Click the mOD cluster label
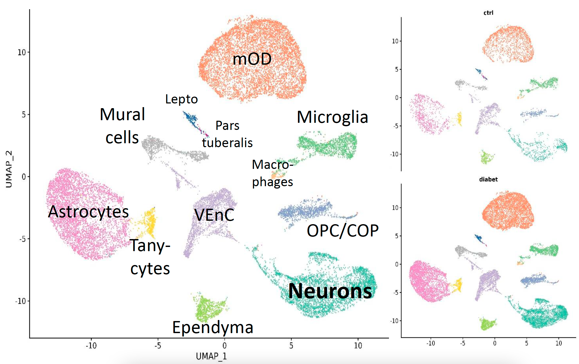click(252, 59)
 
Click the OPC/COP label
click(342, 231)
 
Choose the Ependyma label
click(213, 327)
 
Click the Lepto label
click(181, 99)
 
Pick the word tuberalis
click(227, 143)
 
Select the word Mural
click(122, 114)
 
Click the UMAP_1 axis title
click(211, 356)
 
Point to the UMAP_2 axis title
click(9, 169)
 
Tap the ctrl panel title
click(488, 13)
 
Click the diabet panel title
click(488, 179)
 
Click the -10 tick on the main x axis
click(91, 346)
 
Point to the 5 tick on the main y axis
click(24, 114)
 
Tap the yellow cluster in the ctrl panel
click(459, 118)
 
